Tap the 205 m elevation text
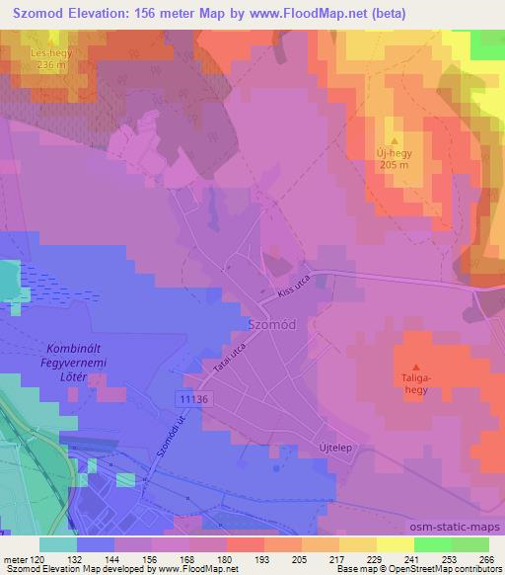click(x=393, y=166)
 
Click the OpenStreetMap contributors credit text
click(x=445, y=569)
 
